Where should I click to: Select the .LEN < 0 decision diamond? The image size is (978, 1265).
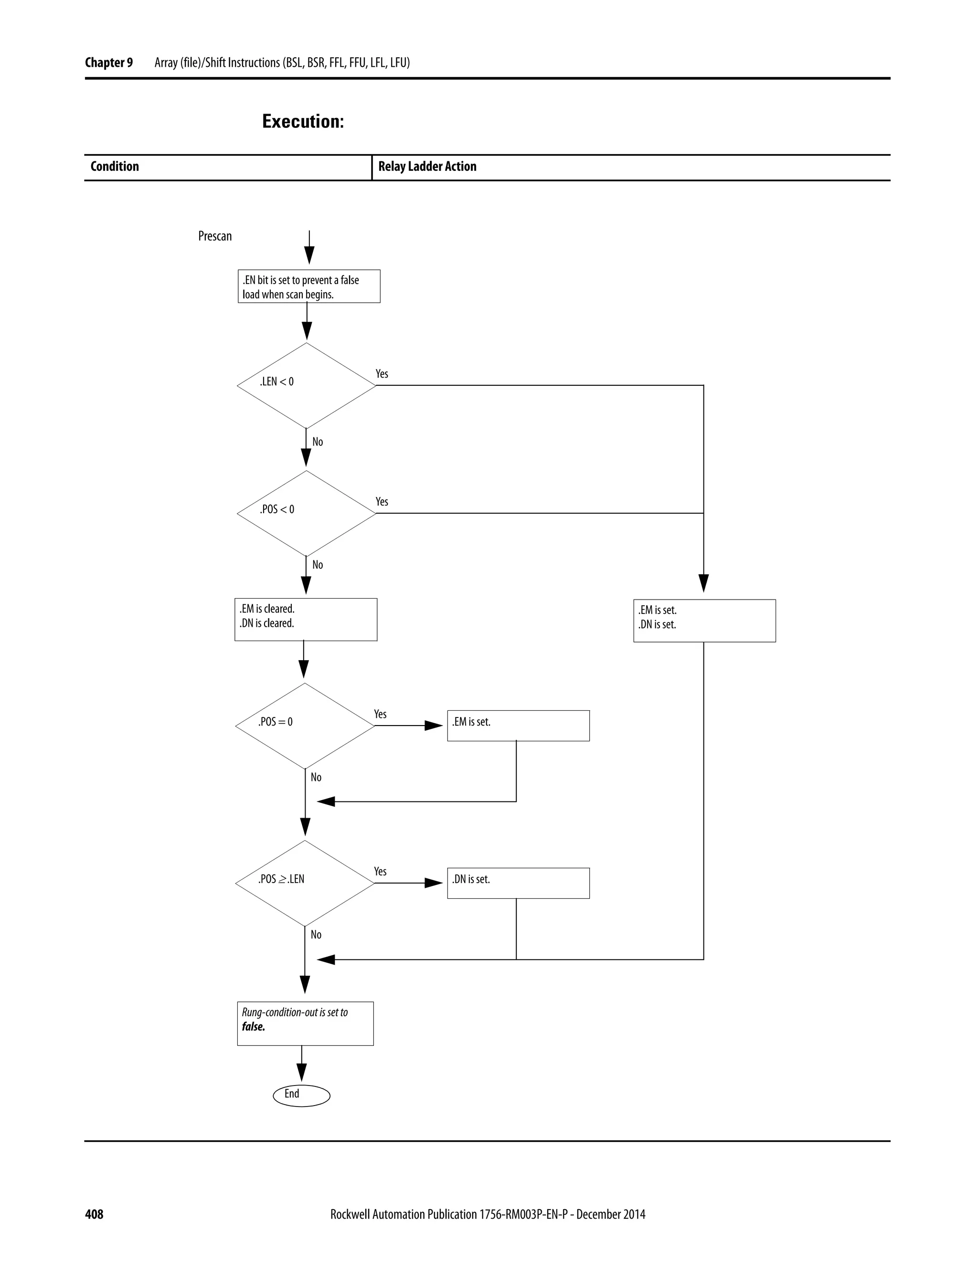click(x=306, y=385)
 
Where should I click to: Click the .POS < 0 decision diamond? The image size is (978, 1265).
click(x=306, y=513)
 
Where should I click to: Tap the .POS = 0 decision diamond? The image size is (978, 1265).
click(x=305, y=725)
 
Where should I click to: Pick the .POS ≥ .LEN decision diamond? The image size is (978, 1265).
click(x=305, y=883)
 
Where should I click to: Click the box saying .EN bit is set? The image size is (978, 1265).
click(x=309, y=286)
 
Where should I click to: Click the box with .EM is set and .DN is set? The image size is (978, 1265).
click(x=704, y=621)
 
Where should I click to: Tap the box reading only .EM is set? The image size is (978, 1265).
click(x=518, y=725)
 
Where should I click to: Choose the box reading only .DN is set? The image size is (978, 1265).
click(x=518, y=883)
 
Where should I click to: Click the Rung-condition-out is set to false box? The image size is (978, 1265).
click(x=305, y=1023)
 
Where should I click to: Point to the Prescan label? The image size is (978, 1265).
click(x=215, y=236)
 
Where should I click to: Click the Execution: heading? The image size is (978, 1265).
click(x=303, y=121)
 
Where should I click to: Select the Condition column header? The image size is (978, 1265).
click(x=115, y=167)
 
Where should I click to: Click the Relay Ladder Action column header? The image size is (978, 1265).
click(x=427, y=167)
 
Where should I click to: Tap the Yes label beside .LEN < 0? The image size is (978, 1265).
click(x=382, y=374)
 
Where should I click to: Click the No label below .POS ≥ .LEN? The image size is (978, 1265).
click(x=316, y=934)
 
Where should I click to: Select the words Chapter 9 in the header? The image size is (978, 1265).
click(x=109, y=63)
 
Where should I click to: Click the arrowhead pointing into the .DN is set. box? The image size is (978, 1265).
click(x=435, y=883)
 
